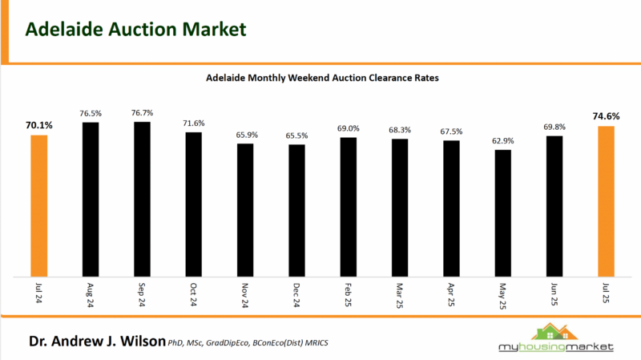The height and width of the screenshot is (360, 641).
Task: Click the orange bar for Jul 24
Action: pos(39,205)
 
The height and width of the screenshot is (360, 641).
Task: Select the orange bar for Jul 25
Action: pos(606,201)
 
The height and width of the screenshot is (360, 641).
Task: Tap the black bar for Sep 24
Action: pos(142,199)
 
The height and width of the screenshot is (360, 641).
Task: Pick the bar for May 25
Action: pos(502,212)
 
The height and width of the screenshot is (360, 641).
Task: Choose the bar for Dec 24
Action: pos(296,210)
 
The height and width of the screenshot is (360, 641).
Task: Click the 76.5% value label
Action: pos(91,114)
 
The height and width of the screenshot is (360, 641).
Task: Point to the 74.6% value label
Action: pos(606,116)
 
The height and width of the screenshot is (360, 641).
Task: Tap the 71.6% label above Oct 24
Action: pos(194,123)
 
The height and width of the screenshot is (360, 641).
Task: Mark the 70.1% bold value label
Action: pos(39,125)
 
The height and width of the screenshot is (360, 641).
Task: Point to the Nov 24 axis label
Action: pos(245,296)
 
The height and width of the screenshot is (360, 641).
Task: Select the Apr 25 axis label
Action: pos(452,296)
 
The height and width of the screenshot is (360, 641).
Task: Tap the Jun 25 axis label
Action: pos(554,296)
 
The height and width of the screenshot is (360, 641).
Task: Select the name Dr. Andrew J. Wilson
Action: pos(97,342)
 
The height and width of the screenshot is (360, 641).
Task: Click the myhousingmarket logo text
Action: pos(554,346)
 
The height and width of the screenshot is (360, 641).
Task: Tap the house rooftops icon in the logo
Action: pos(554,330)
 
